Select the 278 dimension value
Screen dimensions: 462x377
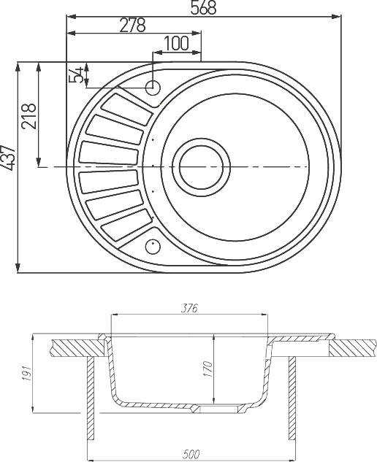[132, 25]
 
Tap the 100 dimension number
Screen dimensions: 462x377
[176, 43]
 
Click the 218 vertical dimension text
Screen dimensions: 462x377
[29, 114]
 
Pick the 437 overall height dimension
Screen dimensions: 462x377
[8, 158]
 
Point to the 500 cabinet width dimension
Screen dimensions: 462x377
[192, 455]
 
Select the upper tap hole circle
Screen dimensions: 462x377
[153, 88]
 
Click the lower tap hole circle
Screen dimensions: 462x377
[153, 245]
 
